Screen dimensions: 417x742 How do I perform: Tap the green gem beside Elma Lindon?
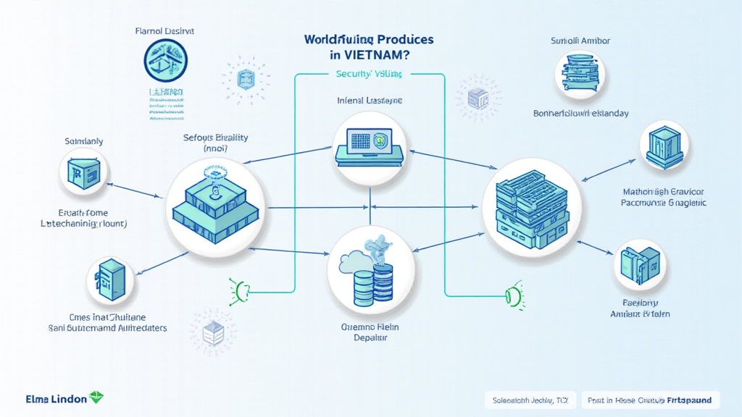click(96, 398)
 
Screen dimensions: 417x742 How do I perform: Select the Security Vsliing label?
click(369, 74)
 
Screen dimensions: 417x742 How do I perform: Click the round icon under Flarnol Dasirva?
click(165, 60)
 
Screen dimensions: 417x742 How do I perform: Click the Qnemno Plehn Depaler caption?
click(370, 332)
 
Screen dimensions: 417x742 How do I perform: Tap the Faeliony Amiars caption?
click(641, 308)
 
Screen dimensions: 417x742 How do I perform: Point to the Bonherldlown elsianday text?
click(580, 114)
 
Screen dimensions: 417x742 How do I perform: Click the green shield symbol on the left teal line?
click(238, 290)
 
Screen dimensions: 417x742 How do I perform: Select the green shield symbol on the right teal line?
click(513, 296)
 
